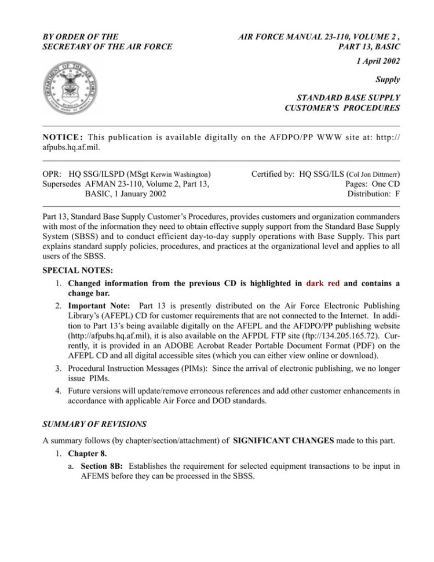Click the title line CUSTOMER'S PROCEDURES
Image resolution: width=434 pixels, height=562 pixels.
[342, 108]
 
